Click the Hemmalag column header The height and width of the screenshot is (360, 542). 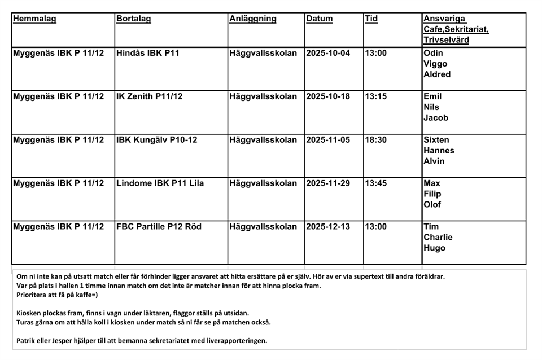pos(34,19)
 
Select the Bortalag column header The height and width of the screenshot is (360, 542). pos(134,19)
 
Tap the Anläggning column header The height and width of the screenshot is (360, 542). pos(253,19)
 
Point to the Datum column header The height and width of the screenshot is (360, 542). pos(320,19)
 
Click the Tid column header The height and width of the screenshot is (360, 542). pos(371,19)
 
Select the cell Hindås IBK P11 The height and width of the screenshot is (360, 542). pos(147,54)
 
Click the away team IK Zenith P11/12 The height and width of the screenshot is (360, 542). pos(150,96)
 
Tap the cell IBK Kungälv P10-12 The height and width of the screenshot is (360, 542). pos(157,140)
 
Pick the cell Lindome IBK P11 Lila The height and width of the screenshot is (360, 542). pos(160,183)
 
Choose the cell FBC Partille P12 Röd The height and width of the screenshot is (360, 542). pos(159,227)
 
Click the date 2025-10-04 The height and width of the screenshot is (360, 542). pos(328,54)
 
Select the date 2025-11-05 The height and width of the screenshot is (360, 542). pos(328,140)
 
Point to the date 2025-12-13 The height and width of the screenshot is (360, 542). pos(328,227)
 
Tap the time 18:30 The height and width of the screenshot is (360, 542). pos(376,140)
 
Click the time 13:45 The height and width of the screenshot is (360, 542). pos(376,183)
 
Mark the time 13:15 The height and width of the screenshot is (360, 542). pos(376,96)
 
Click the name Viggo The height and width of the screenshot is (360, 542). pos(435,64)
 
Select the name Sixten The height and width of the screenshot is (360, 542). pos(436,140)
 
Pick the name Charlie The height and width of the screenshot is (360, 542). pos(438,238)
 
